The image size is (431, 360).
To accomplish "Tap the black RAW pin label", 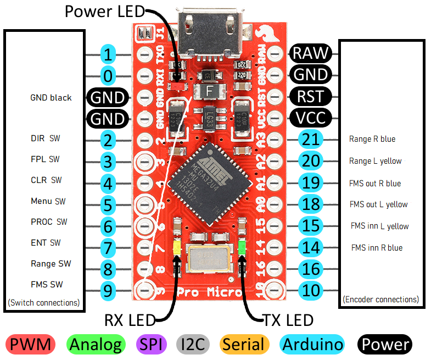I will pyautogui.click(x=311, y=53).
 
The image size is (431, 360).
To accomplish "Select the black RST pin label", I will pyautogui.click(x=311, y=96).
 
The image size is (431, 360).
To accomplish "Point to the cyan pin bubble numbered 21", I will pyautogui.click(x=311, y=140).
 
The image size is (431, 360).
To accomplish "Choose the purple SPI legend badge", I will pyautogui.click(x=148, y=345).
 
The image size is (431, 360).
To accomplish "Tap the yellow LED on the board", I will pyautogui.click(x=177, y=247).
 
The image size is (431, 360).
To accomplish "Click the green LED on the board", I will pyautogui.click(x=242, y=248).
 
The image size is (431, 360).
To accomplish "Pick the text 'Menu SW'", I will pyautogui.click(x=48, y=201).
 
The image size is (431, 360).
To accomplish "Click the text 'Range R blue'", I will pyautogui.click(x=372, y=139).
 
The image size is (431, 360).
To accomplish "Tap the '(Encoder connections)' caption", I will pyautogui.click(x=380, y=300).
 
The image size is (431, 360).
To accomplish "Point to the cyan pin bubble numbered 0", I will pyautogui.click(x=109, y=75).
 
